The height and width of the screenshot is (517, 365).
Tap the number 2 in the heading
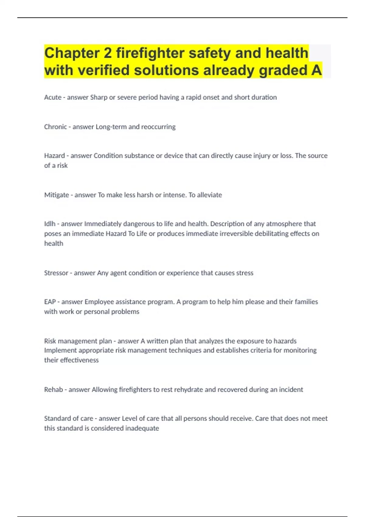point(108,53)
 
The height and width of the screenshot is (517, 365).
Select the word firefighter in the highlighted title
point(150,53)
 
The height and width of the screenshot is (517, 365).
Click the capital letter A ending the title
point(316,70)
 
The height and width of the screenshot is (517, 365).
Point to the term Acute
point(53,97)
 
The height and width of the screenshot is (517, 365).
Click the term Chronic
point(55,127)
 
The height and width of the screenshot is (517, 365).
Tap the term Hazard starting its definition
point(54,156)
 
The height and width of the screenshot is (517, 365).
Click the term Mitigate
point(57,195)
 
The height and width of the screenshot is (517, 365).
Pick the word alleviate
point(210,195)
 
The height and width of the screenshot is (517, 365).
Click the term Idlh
point(50,224)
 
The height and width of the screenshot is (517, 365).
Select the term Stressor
point(56,273)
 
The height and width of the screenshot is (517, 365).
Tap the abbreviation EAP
point(50,302)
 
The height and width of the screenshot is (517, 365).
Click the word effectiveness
point(79,360)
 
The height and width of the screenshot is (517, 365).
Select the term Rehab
point(54,390)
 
